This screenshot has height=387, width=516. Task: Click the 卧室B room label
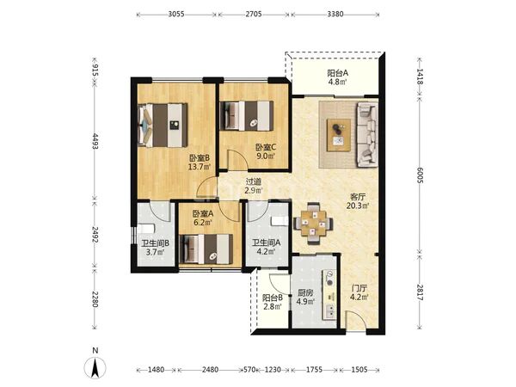point(200,158)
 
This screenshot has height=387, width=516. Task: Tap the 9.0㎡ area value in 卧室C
point(267,156)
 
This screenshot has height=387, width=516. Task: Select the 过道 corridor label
point(254,181)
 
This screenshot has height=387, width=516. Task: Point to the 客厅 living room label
point(358,197)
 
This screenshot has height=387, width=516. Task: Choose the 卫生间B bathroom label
point(156,243)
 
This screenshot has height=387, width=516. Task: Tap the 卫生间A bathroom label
point(267,243)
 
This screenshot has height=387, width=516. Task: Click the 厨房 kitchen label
point(305,292)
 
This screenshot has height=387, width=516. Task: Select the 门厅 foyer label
point(359,289)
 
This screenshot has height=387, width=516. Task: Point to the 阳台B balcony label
point(273,298)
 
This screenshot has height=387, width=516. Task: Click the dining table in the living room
point(313,224)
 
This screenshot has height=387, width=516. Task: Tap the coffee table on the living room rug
point(339,135)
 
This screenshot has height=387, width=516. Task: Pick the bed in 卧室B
point(163,125)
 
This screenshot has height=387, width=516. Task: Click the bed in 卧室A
point(206,249)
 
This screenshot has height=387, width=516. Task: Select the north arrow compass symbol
point(95,367)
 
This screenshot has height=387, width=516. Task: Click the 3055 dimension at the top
point(176,14)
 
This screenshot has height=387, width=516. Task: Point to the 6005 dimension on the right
point(420,175)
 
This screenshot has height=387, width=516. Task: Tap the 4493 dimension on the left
point(95,141)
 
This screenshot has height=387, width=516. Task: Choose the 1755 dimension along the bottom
point(314,370)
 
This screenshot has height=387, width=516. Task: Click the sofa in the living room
point(367,134)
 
